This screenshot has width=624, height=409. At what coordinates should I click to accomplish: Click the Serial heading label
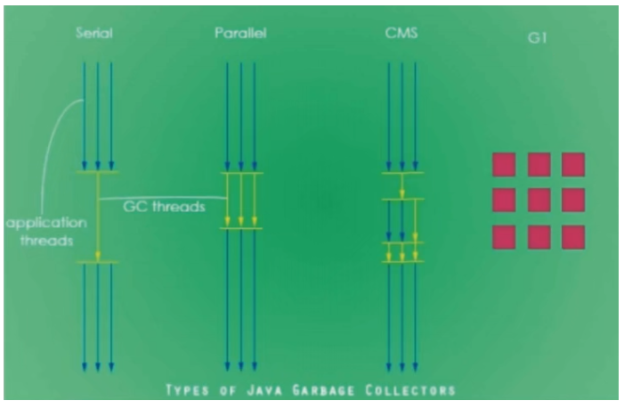(94, 33)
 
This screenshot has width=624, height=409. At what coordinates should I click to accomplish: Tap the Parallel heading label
(240, 33)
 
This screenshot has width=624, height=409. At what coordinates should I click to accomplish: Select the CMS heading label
(401, 33)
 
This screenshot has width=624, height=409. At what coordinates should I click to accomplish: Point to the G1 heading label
(538, 37)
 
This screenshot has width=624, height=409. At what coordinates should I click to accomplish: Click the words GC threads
(164, 207)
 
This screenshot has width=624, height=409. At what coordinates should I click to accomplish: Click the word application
(46, 223)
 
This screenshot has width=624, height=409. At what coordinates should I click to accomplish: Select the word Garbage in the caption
(323, 390)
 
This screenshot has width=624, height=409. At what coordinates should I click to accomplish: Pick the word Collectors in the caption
(410, 390)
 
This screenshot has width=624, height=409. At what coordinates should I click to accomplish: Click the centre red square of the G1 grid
(539, 200)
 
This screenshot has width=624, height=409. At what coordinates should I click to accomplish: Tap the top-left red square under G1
(504, 165)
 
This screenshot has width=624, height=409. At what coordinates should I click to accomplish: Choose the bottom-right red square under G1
(573, 237)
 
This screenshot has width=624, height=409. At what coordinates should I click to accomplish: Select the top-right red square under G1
(573, 165)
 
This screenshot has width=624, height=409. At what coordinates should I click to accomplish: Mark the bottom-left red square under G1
(504, 237)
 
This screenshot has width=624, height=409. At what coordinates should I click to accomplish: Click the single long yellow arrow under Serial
(98, 217)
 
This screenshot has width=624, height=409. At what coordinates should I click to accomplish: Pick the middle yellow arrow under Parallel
(240, 200)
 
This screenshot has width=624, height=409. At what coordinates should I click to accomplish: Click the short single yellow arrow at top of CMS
(402, 185)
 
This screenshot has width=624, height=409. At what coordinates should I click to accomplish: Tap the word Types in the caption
(187, 390)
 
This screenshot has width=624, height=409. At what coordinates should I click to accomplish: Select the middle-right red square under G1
(573, 200)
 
